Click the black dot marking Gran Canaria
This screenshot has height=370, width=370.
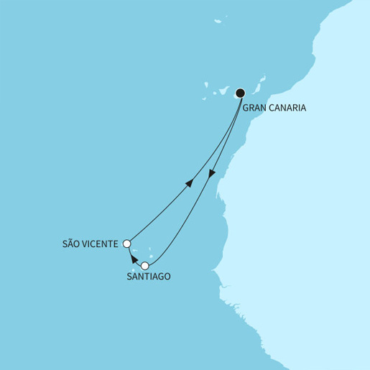click(x=241, y=92)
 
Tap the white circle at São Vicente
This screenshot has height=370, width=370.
click(x=127, y=244)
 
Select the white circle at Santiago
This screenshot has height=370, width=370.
click(x=145, y=266)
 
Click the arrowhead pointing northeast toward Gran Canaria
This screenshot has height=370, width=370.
click(x=189, y=182)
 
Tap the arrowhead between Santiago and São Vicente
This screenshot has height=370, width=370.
click(x=134, y=256)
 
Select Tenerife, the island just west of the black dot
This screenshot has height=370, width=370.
click(x=223, y=91)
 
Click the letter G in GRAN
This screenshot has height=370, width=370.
click(x=246, y=108)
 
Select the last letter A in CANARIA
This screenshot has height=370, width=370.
click(x=305, y=108)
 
